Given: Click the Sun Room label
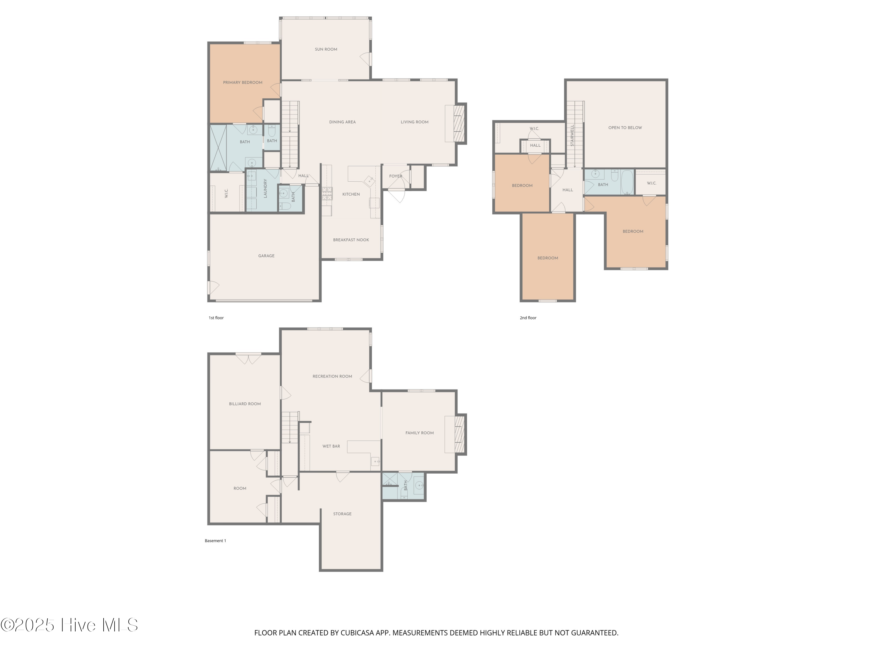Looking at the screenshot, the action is click(x=326, y=49).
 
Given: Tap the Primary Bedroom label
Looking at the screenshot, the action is click(x=242, y=82).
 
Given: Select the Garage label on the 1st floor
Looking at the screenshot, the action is click(x=266, y=256).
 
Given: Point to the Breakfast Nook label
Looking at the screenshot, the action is click(x=351, y=240).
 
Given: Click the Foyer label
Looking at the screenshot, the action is click(x=395, y=176).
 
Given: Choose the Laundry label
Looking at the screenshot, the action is click(x=265, y=188).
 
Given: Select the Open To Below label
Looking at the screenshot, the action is click(x=625, y=128).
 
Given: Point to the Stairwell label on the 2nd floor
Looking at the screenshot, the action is click(x=572, y=135).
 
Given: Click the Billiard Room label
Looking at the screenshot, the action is click(x=245, y=404).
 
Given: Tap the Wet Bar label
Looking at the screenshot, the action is click(x=331, y=446).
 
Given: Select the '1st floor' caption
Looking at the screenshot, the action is click(x=216, y=318).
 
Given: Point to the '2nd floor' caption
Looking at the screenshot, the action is click(x=528, y=318).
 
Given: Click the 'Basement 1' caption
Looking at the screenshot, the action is click(x=216, y=541).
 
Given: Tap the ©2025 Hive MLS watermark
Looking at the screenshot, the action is click(x=70, y=625).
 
